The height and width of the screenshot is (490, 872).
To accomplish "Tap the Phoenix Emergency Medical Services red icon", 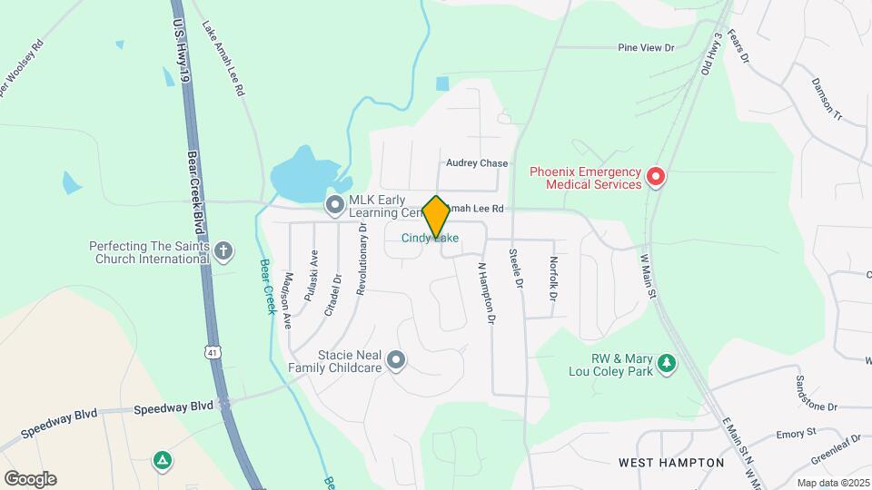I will tap(656, 177).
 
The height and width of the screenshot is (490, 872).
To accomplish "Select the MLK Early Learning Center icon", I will tap(335, 206).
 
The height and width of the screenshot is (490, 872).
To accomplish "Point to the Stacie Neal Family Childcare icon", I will tap(395, 360).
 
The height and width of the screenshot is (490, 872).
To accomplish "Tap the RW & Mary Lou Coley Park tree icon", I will tap(668, 363).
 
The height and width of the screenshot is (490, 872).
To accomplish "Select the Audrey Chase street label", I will tap(477, 163).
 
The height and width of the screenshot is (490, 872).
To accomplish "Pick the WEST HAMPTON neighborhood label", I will tap(671, 463).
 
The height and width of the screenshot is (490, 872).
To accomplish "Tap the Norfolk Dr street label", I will tap(553, 279).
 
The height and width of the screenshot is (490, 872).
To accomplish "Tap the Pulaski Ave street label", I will tap(311, 275).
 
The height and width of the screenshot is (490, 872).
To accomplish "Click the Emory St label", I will tap(797, 435).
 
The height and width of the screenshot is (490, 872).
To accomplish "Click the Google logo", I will tap(30, 479).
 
